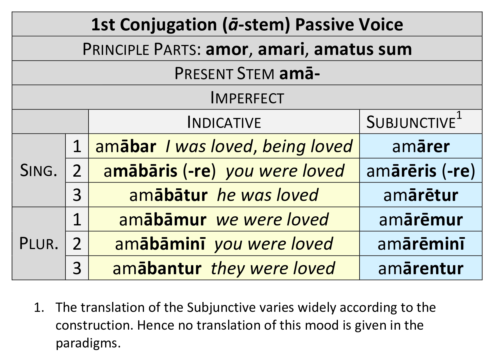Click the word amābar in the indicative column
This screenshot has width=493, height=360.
point(126,147)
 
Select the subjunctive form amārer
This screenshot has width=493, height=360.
point(421,147)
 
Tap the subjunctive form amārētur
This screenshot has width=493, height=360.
point(421,195)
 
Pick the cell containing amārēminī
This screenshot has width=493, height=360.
point(421,244)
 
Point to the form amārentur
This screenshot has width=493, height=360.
point(421,268)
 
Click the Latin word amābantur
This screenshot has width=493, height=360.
point(157,268)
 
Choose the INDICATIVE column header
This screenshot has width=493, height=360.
point(224,122)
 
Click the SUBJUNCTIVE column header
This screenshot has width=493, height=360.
point(411,122)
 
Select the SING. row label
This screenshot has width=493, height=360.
point(39,171)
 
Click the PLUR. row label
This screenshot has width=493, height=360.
point(39,244)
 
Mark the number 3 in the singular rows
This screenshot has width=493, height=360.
point(77,195)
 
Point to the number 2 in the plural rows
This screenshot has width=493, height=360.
point(77,244)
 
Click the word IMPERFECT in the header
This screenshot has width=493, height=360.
point(247,98)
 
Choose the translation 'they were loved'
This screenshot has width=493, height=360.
point(273,268)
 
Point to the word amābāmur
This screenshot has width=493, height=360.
point(163,220)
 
